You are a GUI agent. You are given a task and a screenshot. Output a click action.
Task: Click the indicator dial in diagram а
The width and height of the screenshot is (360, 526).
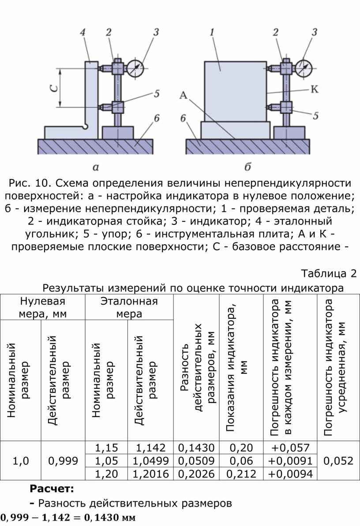click(136, 68)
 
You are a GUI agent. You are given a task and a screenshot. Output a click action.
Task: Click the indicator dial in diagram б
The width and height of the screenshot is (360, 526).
click(303, 68)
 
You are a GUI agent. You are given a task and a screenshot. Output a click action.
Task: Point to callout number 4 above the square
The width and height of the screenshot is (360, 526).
click(83, 32)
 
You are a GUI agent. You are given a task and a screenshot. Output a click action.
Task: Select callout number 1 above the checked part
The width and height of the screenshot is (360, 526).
click(212, 32)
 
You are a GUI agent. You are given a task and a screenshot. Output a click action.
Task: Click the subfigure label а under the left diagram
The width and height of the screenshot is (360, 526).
click(96, 167)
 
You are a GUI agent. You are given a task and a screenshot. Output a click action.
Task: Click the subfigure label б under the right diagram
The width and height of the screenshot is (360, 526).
click(247, 167)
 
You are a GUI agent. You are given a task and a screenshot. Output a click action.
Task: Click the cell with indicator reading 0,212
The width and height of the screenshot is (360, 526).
click(241, 474)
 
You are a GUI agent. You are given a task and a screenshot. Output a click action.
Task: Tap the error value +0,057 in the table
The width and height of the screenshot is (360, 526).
click(290, 448)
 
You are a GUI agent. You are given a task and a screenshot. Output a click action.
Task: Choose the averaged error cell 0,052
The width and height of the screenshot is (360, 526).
click(338, 461)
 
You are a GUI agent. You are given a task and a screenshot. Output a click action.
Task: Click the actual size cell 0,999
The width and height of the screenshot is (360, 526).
click(63, 461)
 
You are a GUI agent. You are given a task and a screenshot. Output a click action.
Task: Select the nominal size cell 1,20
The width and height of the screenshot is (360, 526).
click(106, 474)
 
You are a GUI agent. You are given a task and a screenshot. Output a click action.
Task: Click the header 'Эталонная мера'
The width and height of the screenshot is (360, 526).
click(129, 307)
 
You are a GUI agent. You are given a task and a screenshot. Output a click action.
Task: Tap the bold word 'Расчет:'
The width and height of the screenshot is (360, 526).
click(52, 489)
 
